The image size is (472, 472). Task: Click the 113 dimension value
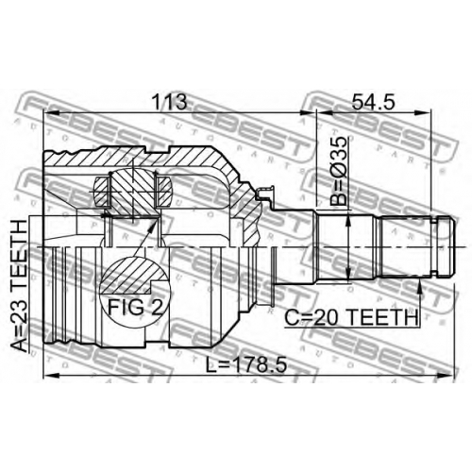[169, 101]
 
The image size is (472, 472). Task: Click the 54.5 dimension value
[373, 101]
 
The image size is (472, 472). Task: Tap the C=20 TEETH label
[351, 317]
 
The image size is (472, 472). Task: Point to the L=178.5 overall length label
[245, 365]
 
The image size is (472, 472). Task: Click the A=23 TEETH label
[19, 286]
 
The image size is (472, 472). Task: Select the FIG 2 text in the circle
[136, 307]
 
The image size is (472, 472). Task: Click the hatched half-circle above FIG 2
[134, 273]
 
